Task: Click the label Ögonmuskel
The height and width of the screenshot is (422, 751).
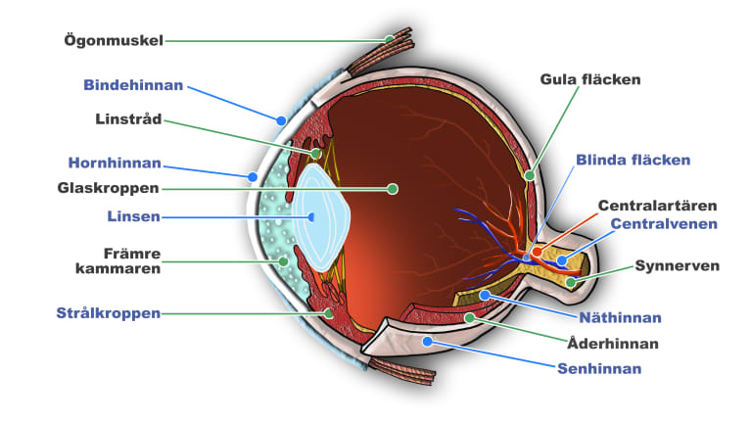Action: point(113,40)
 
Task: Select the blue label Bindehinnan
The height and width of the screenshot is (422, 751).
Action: point(133,85)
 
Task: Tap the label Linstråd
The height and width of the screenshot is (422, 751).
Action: point(128,119)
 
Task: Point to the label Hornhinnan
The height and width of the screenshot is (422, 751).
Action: point(115,163)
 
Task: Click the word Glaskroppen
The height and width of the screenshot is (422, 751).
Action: point(109,187)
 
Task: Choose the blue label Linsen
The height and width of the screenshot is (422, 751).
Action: point(133,215)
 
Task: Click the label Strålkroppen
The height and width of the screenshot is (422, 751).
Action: point(109,313)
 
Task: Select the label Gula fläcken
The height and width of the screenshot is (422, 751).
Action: point(589,78)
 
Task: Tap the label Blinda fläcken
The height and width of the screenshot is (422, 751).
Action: point(633,160)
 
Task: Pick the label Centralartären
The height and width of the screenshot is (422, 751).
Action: point(657,206)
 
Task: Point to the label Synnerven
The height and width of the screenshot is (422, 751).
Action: point(678,265)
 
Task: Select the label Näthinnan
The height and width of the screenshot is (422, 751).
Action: point(620,317)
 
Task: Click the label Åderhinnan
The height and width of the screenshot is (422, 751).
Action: point(612,344)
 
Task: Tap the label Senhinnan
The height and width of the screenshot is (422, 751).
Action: point(599,369)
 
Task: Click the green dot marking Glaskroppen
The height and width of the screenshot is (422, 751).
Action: point(393,187)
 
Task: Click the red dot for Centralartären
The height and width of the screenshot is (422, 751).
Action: point(537,252)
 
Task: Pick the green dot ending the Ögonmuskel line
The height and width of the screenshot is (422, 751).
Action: point(390,40)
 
